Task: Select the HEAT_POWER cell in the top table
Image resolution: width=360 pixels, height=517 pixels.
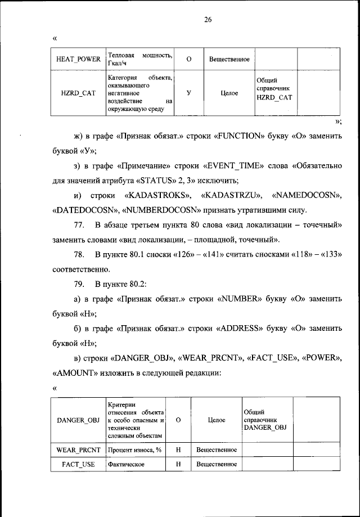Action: tap(78, 59)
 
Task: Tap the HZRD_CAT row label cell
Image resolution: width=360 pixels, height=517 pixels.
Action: tap(78, 93)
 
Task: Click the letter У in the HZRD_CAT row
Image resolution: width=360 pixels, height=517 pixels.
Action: tap(188, 93)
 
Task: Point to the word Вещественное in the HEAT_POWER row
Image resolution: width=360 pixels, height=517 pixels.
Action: tap(229, 59)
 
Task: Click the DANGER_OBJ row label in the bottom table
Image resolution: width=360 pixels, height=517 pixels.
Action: tap(78, 420)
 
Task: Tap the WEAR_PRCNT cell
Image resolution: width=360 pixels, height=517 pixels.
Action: tap(78, 449)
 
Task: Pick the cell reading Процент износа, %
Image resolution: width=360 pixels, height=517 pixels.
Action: tap(136, 449)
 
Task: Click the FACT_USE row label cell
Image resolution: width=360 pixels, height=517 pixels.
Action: tap(78, 464)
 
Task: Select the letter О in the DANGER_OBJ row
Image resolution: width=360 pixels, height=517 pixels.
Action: tap(178, 420)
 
